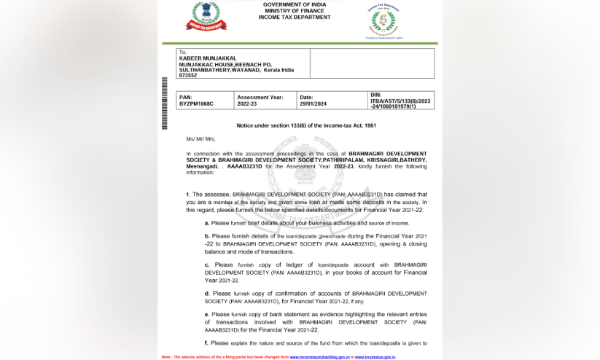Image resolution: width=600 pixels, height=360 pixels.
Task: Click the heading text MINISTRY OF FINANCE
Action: tap(294, 11)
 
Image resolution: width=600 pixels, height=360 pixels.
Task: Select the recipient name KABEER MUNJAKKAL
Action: tap(208, 58)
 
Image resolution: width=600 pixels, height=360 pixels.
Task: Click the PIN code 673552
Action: tap(187, 75)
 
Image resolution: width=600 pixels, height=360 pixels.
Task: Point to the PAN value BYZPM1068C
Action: tap(196, 104)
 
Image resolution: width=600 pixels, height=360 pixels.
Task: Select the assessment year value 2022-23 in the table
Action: tap(247, 104)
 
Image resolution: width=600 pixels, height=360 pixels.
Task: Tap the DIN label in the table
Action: tap(375, 95)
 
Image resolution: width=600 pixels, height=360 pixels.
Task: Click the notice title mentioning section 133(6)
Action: tap(306, 125)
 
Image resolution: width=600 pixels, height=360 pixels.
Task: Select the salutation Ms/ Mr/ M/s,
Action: tap(200, 138)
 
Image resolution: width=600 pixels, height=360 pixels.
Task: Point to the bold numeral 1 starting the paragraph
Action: tap(187, 195)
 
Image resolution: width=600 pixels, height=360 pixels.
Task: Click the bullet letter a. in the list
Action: tap(207, 223)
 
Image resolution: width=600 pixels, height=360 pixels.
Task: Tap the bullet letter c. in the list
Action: tap(207, 265)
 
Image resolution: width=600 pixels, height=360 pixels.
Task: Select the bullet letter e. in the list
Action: tap(207, 314)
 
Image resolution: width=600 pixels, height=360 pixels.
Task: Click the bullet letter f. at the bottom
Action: tap(206, 343)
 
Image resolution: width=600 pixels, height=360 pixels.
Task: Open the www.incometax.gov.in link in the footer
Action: tap(375, 357)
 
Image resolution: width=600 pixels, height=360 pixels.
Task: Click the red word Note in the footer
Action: tap(166, 357)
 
